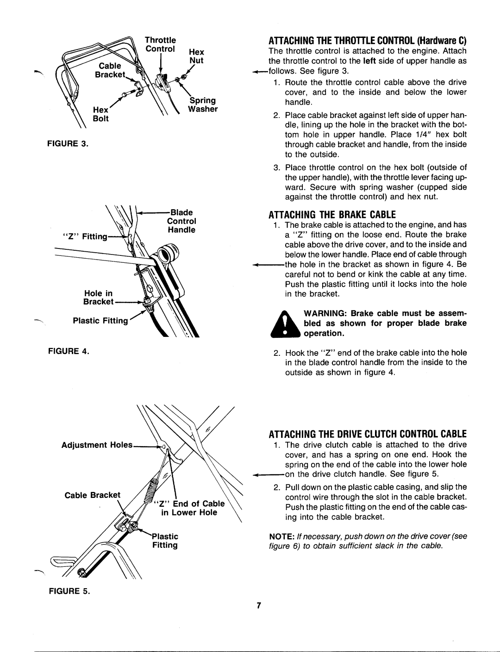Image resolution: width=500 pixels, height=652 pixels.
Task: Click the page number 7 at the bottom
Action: click(259, 605)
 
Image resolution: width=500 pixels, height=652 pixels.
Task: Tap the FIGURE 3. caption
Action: click(68, 143)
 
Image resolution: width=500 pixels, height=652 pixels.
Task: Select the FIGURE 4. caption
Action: click(69, 351)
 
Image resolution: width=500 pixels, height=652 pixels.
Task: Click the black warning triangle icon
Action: click(285, 324)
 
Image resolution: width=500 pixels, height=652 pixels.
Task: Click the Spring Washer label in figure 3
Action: click(203, 105)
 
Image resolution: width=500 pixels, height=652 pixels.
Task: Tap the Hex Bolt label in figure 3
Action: click(101, 114)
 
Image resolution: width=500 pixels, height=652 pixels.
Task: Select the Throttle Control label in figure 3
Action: click(160, 44)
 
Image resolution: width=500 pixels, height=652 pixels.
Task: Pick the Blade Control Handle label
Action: click(181, 221)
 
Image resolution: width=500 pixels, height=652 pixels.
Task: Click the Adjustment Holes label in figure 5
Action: click(97, 445)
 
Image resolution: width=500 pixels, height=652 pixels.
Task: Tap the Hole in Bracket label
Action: click(99, 298)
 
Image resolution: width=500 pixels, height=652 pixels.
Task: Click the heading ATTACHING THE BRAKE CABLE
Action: click(332, 215)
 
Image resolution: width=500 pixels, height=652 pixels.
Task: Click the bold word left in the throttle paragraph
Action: click(369, 61)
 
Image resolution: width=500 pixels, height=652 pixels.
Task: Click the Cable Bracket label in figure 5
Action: click(93, 495)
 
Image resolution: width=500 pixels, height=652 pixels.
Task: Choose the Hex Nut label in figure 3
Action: click(196, 56)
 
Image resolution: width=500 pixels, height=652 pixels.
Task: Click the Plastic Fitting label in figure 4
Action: click(100, 321)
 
